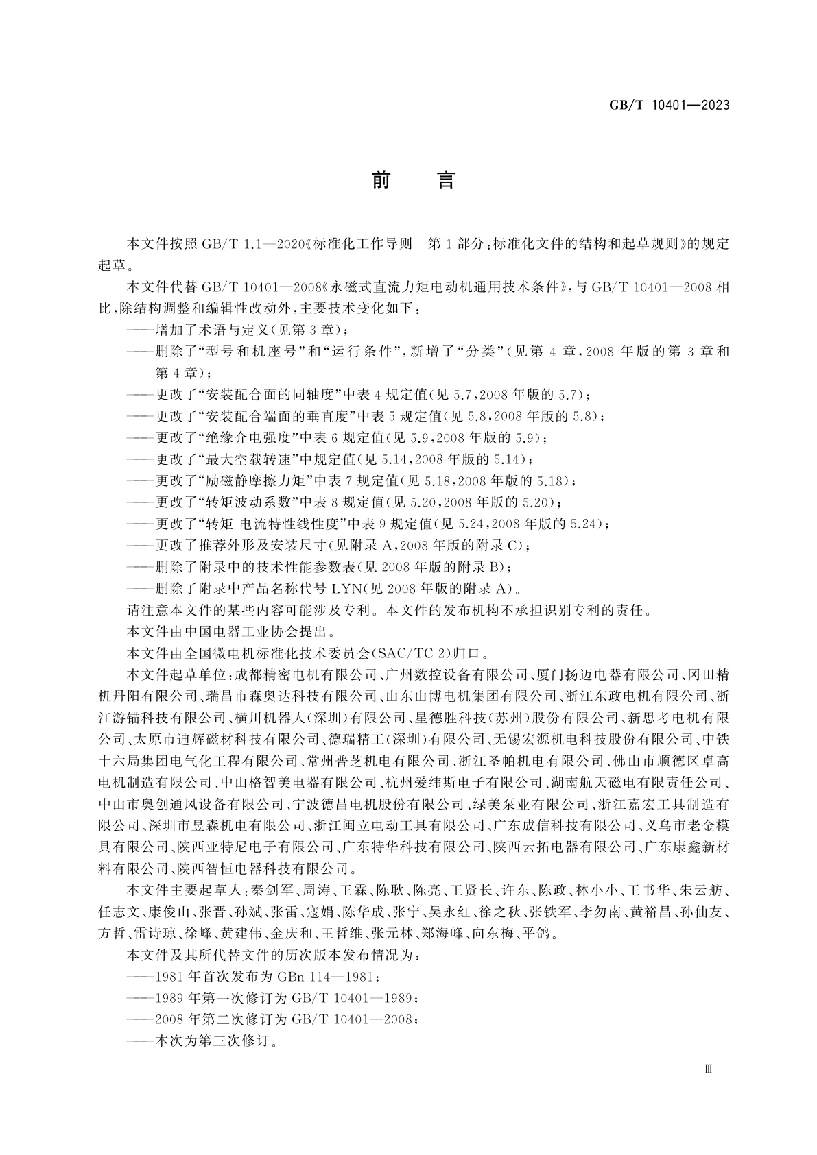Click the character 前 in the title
381,180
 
